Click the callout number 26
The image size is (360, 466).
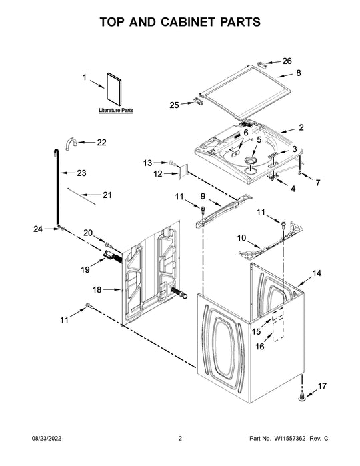[x=287, y=61]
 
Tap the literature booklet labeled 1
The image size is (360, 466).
[x=114, y=89]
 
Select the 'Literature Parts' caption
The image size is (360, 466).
[x=116, y=110]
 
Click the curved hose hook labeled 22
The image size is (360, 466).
[x=71, y=143]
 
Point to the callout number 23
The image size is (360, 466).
[x=81, y=173]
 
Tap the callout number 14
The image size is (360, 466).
[x=317, y=273]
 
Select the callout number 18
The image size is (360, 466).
[x=97, y=289]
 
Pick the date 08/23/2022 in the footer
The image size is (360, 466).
[x=47, y=439]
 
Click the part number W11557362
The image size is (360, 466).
[x=289, y=439]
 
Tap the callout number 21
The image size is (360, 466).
[x=107, y=195]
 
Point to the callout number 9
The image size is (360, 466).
[x=203, y=196]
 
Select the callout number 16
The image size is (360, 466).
[x=260, y=346]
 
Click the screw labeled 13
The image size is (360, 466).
[x=172, y=163]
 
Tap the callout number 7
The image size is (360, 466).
[x=318, y=183]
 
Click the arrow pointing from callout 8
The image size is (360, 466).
[x=285, y=75]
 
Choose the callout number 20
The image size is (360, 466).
[x=88, y=233]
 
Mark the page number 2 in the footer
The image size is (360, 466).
[x=180, y=439]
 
